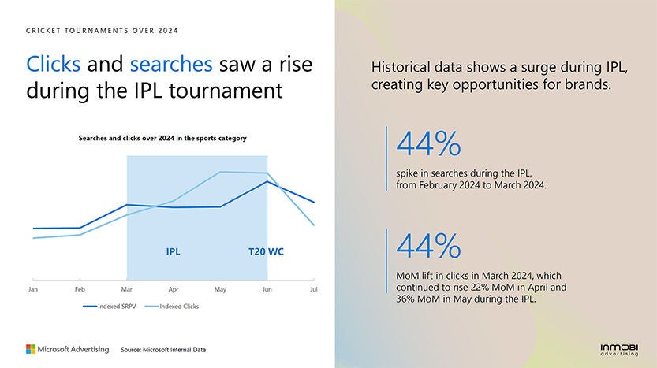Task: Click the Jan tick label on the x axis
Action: click(x=33, y=290)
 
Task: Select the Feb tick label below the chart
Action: click(x=80, y=290)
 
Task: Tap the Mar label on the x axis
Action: click(x=126, y=290)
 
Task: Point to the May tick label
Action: click(x=220, y=290)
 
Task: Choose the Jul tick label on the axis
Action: click(x=313, y=290)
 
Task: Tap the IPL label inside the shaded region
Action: click(x=173, y=252)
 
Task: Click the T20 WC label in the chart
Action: click(x=266, y=252)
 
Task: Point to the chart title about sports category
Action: click(x=162, y=139)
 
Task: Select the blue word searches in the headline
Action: click(x=171, y=65)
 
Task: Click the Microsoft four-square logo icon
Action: click(x=31, y=348)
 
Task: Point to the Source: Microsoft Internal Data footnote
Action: click(x=163, y=349)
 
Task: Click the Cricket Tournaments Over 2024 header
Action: click(x=102, y=31)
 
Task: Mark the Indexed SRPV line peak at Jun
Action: click(x=267, y=181)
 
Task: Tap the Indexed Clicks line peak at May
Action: click(x=220, y=172)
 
